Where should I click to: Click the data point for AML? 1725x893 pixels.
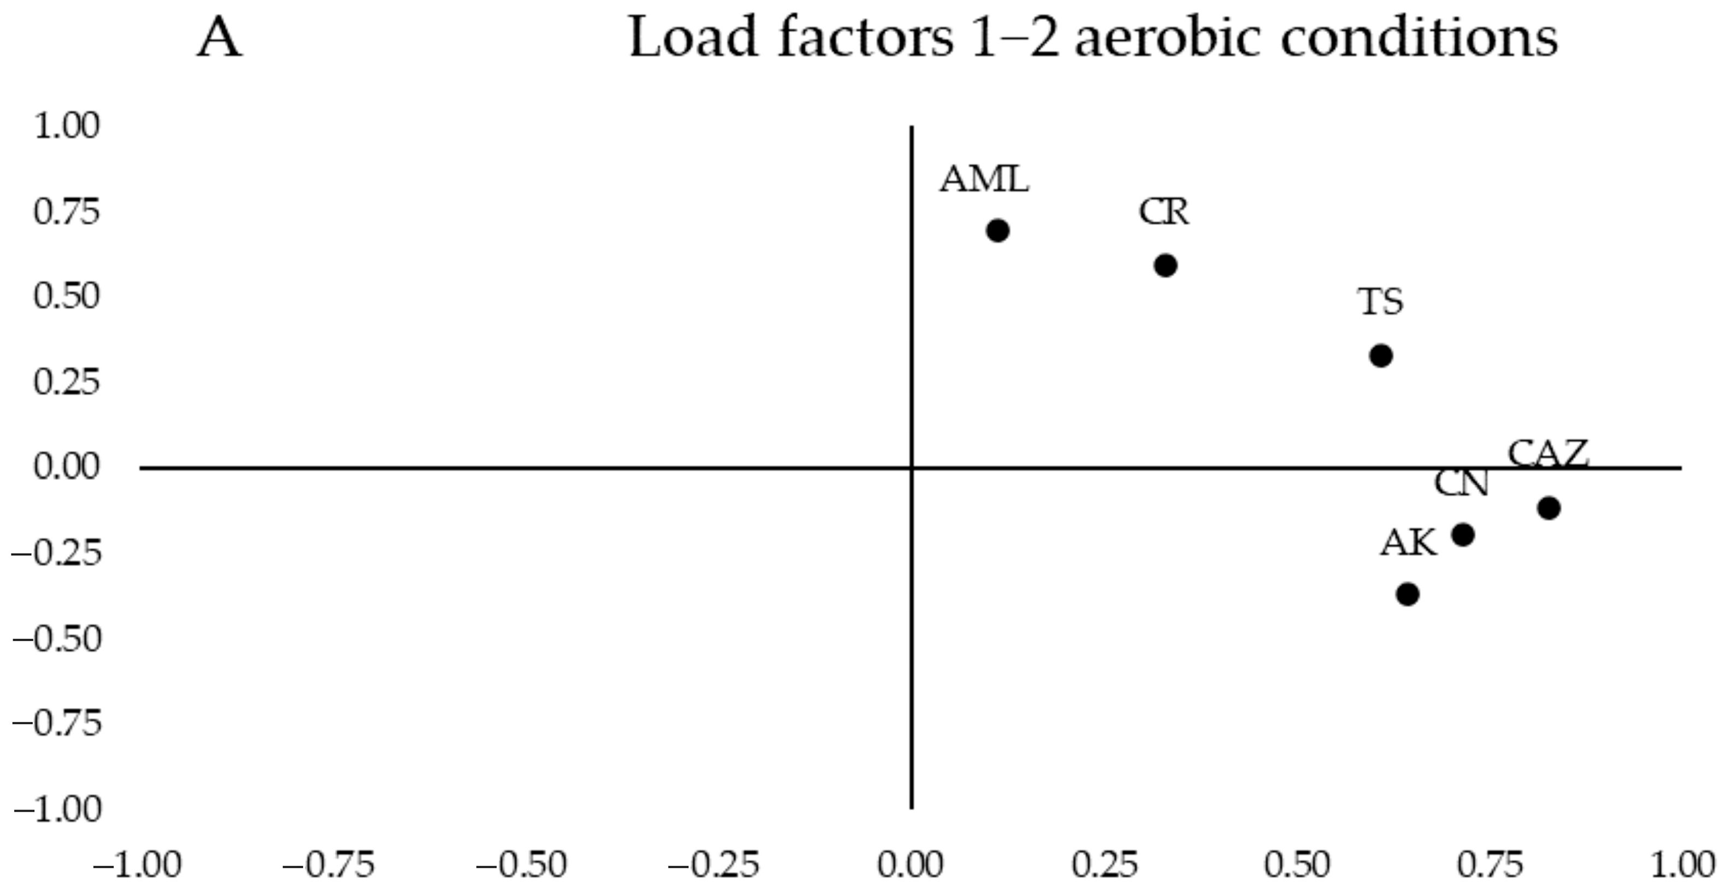click(x=998, y=231)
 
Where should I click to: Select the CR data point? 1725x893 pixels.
click(x=1166, y=266)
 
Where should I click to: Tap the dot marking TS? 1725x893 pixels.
click(x=1381, y=355)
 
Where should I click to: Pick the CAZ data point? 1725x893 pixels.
click(x=1549, y=508)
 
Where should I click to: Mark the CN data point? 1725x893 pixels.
click(x=1463, y=535)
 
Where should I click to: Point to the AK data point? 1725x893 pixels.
click(x=1408, y=594)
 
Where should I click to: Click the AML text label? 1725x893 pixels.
click(x=984, y=180)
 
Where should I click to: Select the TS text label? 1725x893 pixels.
click(x=1380, y=302)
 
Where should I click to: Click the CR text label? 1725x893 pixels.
click(x=1164, y=212)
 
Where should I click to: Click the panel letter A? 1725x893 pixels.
click(x=220, y=38)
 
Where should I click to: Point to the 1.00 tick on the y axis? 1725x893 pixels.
click(x=66, y=126)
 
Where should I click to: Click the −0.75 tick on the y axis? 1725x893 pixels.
click(x=57, y=724)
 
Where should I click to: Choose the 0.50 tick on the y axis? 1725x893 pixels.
click(x=66, y=296)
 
